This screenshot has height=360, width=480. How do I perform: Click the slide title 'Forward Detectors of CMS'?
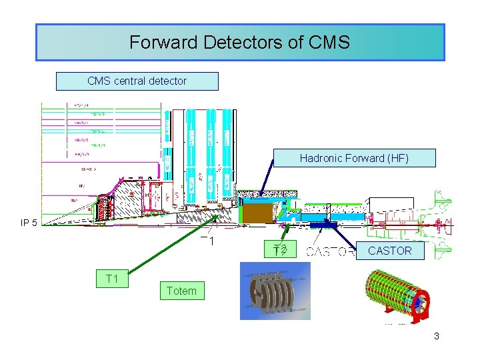pos(239,43)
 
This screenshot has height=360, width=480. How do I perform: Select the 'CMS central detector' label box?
pos(137,81)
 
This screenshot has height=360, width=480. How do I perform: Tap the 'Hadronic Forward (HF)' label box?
pos(353,158)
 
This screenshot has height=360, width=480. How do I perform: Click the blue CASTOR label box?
pos(390,251)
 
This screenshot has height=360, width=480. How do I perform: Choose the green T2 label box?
pos(280,250)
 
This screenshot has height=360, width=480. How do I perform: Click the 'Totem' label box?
pos(181,291)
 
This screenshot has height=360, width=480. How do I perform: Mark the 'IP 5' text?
pos(29,223)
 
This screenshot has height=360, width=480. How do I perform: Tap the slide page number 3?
pos(437,336)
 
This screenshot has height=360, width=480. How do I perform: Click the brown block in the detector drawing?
pos(257,213)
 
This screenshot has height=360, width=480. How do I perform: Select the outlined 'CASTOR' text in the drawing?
pos(331,252)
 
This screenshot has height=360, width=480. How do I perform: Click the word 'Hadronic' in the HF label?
pos(321,158)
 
